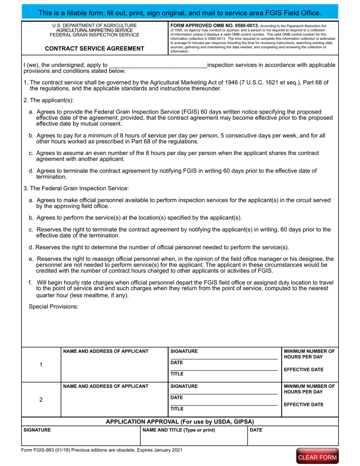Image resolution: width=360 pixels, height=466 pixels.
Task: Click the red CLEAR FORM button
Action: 317,457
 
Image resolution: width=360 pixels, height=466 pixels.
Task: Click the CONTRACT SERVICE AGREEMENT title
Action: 94,48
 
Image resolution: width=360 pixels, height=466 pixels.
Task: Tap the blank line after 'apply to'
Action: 158,65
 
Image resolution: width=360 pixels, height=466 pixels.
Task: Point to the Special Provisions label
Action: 53,306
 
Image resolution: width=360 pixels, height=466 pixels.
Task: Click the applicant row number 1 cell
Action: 41,364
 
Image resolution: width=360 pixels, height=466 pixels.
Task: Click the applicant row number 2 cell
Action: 41,400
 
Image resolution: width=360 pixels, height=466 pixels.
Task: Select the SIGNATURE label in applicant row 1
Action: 184,351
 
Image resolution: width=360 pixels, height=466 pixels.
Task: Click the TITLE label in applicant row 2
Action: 177,409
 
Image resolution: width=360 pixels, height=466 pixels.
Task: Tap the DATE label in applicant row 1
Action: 177,363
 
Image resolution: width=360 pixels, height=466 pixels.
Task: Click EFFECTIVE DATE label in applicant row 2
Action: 304,404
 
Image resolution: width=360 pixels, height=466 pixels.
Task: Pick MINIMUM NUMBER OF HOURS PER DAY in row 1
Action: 309,354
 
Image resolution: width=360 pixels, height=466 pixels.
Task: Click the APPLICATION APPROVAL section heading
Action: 180,422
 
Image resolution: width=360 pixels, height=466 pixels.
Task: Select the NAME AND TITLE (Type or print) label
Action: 178,430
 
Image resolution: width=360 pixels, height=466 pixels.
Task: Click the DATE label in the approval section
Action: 256,430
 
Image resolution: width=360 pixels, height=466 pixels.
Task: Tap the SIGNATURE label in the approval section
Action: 37,430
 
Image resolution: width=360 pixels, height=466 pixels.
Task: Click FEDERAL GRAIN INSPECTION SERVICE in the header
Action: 94,35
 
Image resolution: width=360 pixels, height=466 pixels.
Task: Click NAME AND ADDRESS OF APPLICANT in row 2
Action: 106,386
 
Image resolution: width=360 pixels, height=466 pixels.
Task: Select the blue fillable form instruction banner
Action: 180,13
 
